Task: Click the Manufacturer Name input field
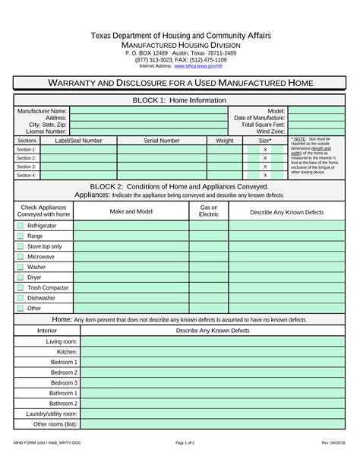point(148,111)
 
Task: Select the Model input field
point(317,111)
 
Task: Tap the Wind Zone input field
point(317,132)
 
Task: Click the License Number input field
point(148,132)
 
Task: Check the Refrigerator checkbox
point(21,227)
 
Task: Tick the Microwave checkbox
point(21,257)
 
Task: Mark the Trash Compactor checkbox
point(21,288)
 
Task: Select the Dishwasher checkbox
point(21,298)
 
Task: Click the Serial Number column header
point(162,141)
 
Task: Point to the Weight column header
point(225,141)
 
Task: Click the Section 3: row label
point(27,166)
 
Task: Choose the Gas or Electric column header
point(209,211)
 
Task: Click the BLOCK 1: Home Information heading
point(179,100)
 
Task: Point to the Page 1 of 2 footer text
point(185,442)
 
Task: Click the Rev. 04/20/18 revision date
point(333,442)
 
